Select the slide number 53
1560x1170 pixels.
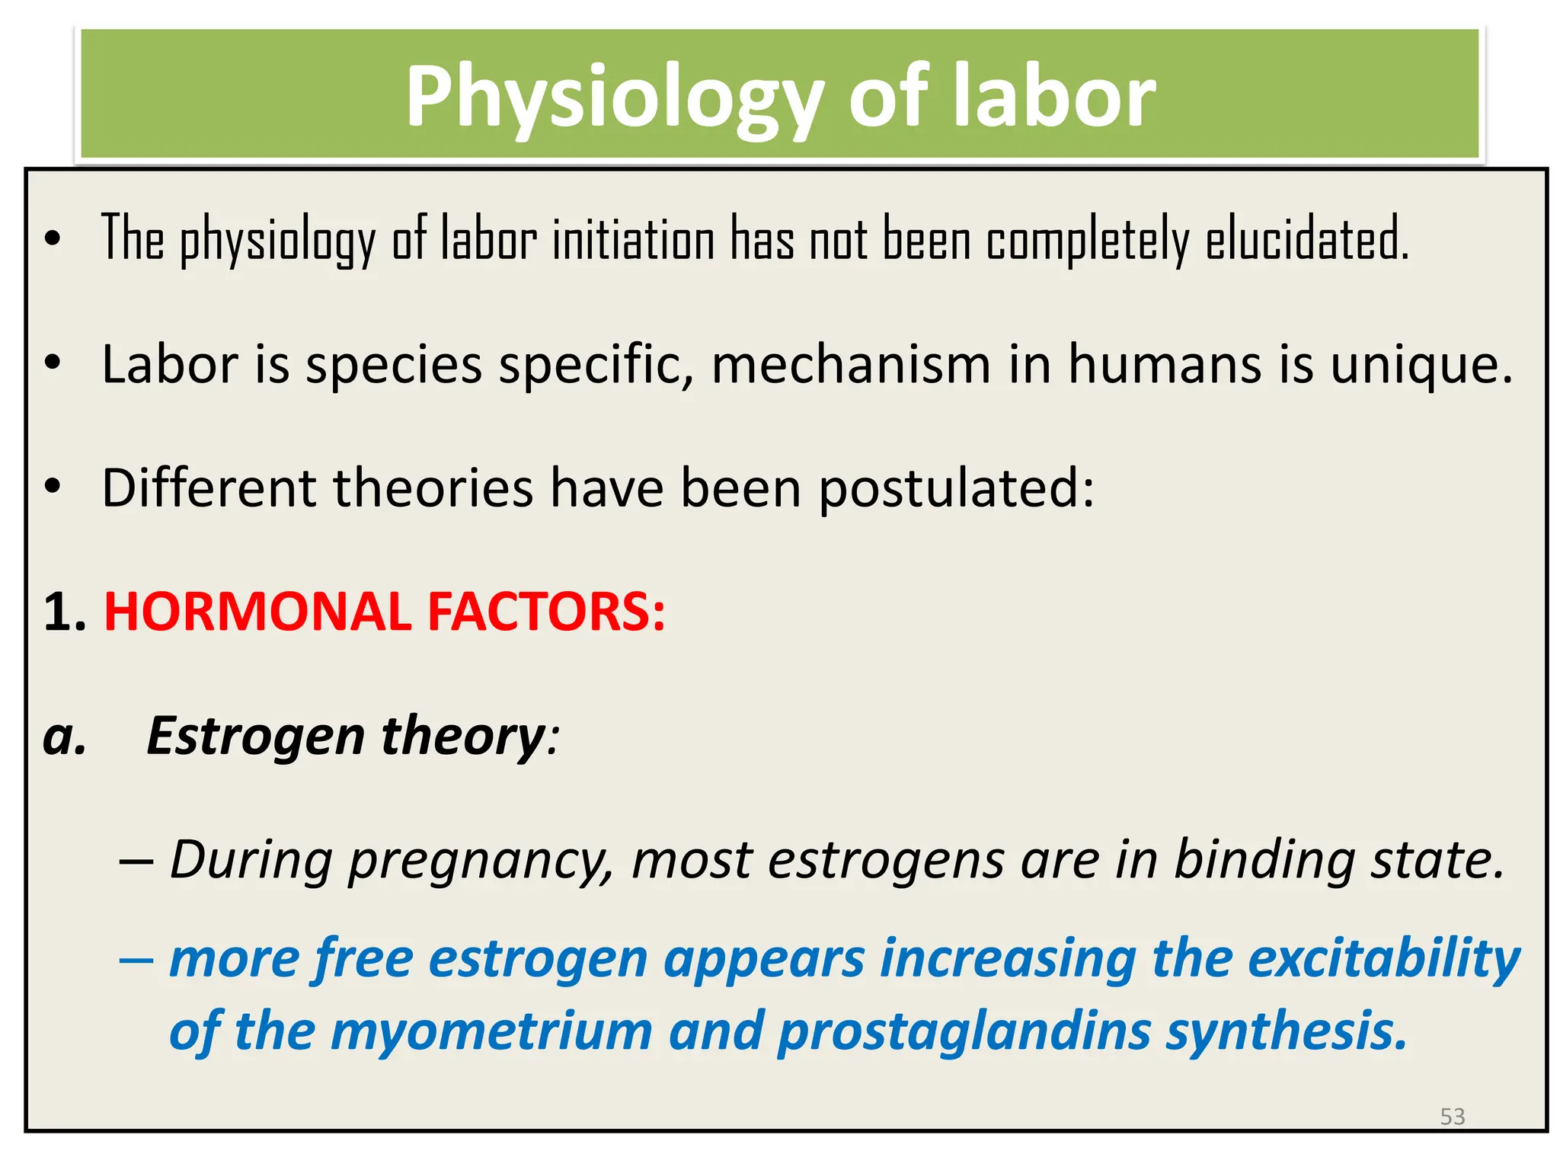(1452, 1117)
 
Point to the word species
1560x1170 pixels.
(394, 364)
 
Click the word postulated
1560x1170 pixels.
(957, 487)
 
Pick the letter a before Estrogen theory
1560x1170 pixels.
(63, 737)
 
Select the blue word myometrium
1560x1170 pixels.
(491, 1031)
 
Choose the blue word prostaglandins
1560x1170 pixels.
(964, 1031)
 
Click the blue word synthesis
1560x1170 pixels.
(1287, 1031)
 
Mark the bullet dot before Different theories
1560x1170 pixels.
(52, 487)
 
